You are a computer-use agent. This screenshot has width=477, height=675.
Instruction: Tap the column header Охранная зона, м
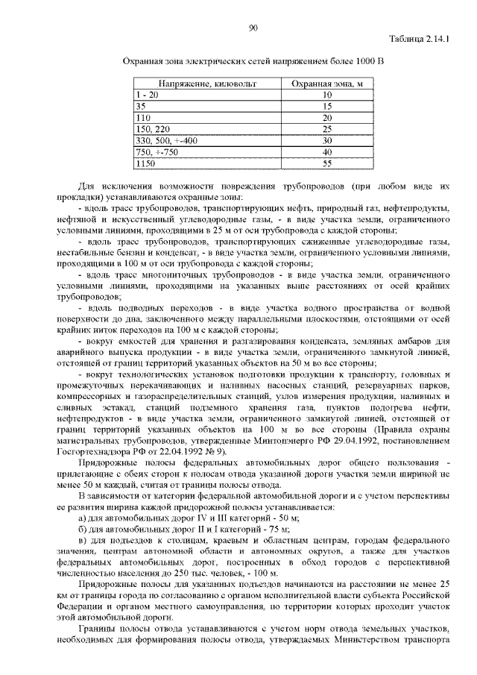[x=326, y=84]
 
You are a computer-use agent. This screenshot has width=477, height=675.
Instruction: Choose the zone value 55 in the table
[x=326, y=162]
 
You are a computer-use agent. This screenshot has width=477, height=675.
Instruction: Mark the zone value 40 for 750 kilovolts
[x=326, y=151]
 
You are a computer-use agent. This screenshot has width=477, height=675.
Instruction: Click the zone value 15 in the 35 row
[x=326, y=107]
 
